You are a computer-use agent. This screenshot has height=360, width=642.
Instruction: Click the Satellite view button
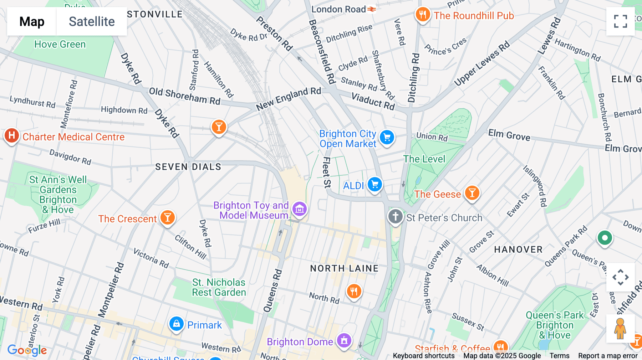pyautogui.click(x=92, y=21)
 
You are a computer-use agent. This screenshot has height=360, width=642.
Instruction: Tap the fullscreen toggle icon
pyautogui.click(x=620, y=21)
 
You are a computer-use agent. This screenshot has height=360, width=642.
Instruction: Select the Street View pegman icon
pyautogui.click(x=620, y=328)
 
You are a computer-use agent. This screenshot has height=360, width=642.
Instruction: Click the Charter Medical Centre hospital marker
pyautogui.click(x=12, y=136)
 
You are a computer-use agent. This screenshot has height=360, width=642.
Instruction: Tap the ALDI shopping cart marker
pyautogui.click(x=374, y=185)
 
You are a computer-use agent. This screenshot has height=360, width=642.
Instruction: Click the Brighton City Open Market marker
pyautogui.click(x=387, y=137)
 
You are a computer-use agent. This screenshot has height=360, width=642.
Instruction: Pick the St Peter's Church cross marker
pyautogui.click(x=395, y=216)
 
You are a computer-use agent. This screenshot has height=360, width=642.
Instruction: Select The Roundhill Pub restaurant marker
pyautogui.click(x=423, y=15)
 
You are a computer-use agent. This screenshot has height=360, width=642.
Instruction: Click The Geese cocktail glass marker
pyautogui.click(x=472, y=193)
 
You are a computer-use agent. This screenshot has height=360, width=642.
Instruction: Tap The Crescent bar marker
pyautogui.click(x=167, y=217)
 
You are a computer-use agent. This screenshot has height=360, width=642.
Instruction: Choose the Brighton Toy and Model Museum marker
pyautogui.click(x=300, y=209)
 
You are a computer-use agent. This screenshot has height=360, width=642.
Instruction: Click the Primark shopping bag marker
pyautogui.click(x=176, y=324)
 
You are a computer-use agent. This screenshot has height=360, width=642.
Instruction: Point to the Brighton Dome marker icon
pyautogui.click(x=344, y=340)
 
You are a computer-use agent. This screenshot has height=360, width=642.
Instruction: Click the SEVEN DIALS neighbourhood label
pyautogui.click(x=188, y=167)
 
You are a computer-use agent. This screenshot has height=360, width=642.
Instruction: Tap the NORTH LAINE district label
pyautogui.click(x=344, y=268)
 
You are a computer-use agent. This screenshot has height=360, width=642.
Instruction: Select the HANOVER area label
pyautogui.click(x=518, y=250)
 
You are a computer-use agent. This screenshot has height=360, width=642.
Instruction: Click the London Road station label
pyautogui.click(x=339, y=9)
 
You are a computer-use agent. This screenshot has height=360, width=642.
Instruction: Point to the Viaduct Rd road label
pyautogui.click(x=373, y=101)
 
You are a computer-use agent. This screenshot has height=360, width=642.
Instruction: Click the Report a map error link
pyautogui.click(x=608, y=356)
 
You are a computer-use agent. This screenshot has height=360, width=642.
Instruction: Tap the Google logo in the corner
pyautogui.click(x=27, y=350)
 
